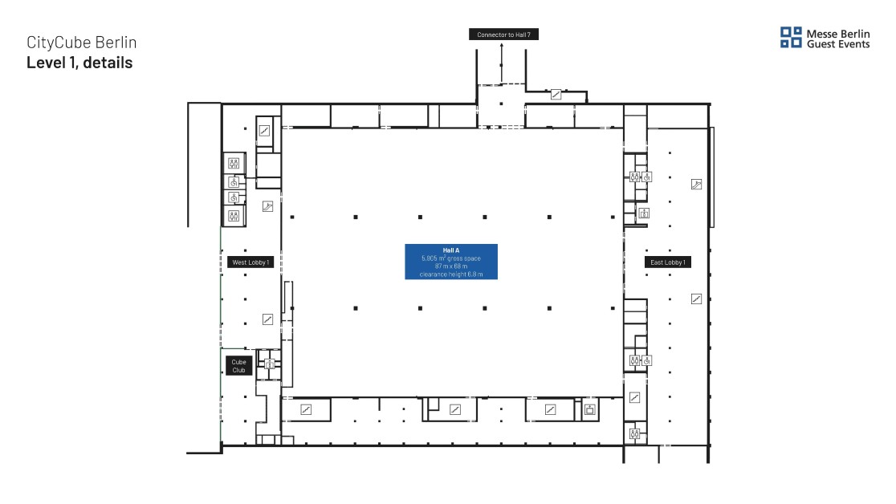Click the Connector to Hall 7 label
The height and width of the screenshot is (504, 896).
(503, 35)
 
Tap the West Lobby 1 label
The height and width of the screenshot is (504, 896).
(250, 262)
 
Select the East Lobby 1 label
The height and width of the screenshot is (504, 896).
(667, 262)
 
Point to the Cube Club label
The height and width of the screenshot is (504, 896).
(239, 366)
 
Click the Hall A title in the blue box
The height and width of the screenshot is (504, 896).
(451, 250)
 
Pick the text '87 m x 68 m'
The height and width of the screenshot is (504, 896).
(451, 266)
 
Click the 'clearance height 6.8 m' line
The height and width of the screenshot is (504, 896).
(451, 274)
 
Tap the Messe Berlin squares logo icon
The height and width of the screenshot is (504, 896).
(791, 37)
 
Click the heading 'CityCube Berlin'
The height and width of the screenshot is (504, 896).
(82, 43)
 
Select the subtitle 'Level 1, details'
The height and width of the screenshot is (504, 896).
(79, 63)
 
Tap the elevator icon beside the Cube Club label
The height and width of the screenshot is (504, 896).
(270, 364)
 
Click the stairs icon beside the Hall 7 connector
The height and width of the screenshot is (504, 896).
(556, 94)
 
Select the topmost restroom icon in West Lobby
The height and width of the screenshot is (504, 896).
(234, 164)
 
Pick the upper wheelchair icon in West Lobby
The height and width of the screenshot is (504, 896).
(234, 182)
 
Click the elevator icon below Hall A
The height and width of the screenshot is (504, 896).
(590, 409)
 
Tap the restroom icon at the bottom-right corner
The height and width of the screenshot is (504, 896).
(634, 433)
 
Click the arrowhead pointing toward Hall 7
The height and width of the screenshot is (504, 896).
(502, 47)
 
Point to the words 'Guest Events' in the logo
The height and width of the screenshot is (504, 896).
(837, 44)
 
